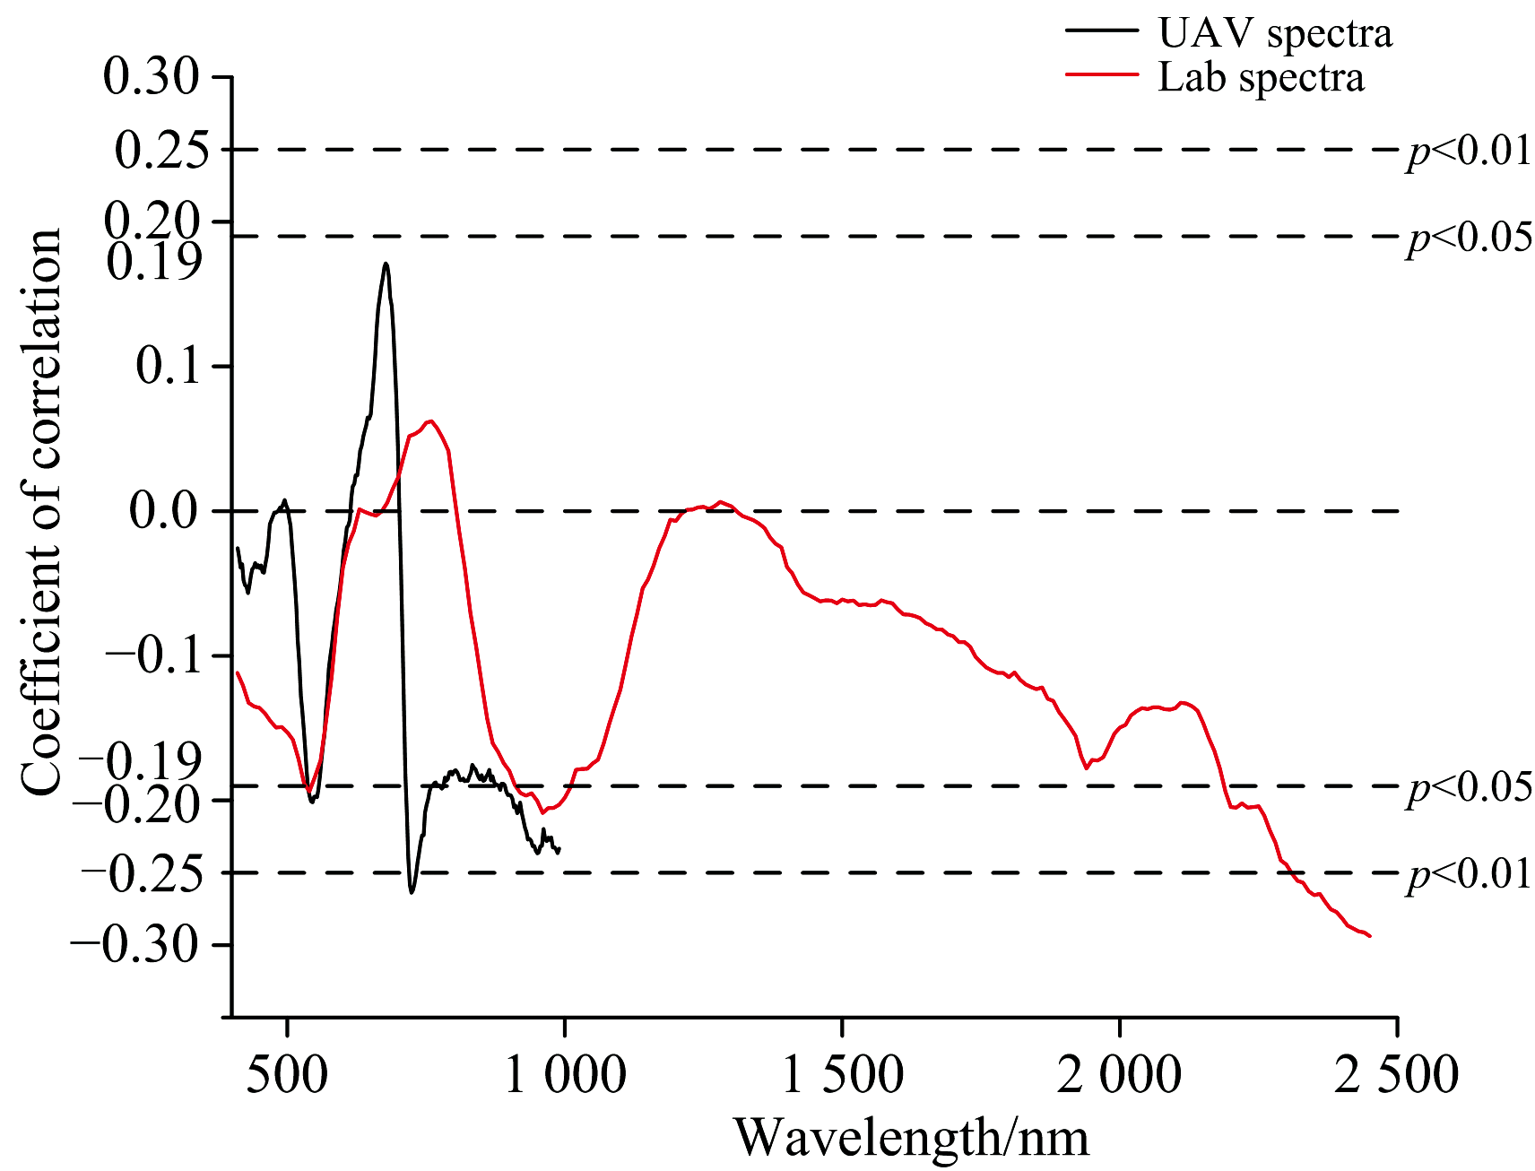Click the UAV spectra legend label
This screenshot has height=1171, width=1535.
[x=1274, y=33]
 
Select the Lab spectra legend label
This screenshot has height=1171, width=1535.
[x=1261, y=77]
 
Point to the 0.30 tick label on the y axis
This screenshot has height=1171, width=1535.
[x=151, y=76]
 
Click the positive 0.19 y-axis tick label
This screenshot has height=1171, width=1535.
[x=153, y=262]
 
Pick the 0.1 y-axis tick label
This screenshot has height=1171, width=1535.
[x=168, y=366]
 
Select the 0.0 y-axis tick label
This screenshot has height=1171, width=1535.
[x=163, y=511]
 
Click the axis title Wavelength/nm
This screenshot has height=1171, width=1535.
[x=912, y=1137]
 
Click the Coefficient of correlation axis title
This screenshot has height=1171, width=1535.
[x=41, y=512]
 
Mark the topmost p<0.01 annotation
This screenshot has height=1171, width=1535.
[x=1469, y=151]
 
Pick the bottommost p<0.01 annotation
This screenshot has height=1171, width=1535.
[x=1469, y=873]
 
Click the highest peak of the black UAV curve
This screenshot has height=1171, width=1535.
[x=386, y=263]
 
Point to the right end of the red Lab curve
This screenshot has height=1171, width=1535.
[x=1370, y=936]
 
